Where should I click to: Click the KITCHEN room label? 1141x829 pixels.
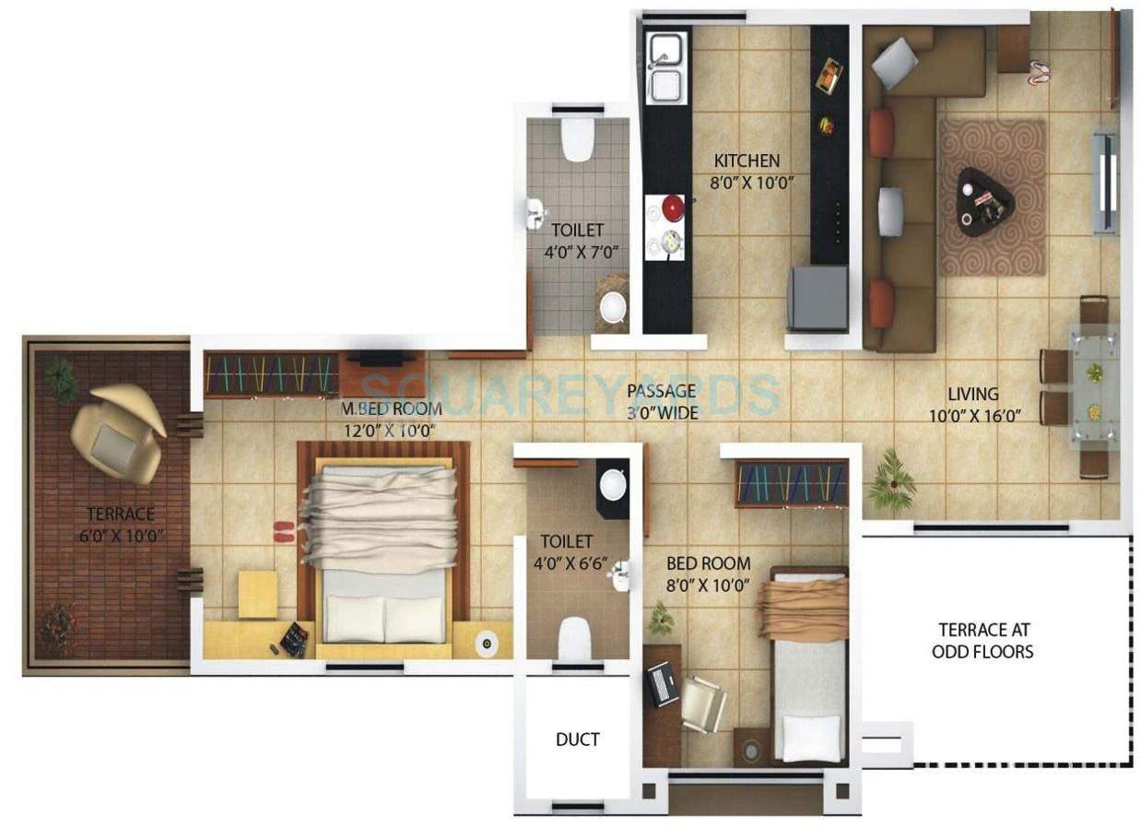pos(746,160)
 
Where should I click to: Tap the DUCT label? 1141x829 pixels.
pos(577,739)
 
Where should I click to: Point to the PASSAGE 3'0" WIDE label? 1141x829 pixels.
pos(662,401)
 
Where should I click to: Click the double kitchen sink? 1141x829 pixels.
pos(666,67)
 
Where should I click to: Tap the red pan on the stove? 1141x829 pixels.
pos(674,208)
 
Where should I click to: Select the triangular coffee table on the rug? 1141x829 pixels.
pos(983,196)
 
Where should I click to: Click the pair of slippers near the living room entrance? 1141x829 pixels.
pos(1039,73)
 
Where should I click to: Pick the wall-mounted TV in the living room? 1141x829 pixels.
pos(1103,182)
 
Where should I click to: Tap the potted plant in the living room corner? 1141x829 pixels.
pos(891,480)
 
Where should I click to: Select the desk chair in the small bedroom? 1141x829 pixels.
pos(703,705)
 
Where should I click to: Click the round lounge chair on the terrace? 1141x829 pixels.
pos(117,432)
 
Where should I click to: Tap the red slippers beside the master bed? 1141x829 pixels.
pos(283,531)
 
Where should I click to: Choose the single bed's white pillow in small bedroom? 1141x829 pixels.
pos(808,738)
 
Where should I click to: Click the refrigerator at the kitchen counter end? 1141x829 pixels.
pos(817,298)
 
